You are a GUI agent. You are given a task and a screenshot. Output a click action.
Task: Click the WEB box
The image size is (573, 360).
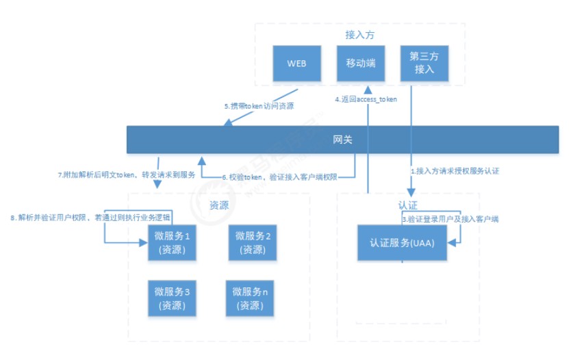point(296,63)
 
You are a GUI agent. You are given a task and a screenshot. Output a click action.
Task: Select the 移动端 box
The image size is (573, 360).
point(360,63)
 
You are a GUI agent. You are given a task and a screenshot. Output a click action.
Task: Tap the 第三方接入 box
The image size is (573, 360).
point(423,63)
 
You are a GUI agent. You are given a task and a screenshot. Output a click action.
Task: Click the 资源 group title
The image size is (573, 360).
point(218,204)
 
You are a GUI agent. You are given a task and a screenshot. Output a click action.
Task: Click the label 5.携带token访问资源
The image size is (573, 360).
point(259,107)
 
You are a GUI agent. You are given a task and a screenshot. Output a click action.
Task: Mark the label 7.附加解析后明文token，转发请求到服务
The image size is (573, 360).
point(127,175)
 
